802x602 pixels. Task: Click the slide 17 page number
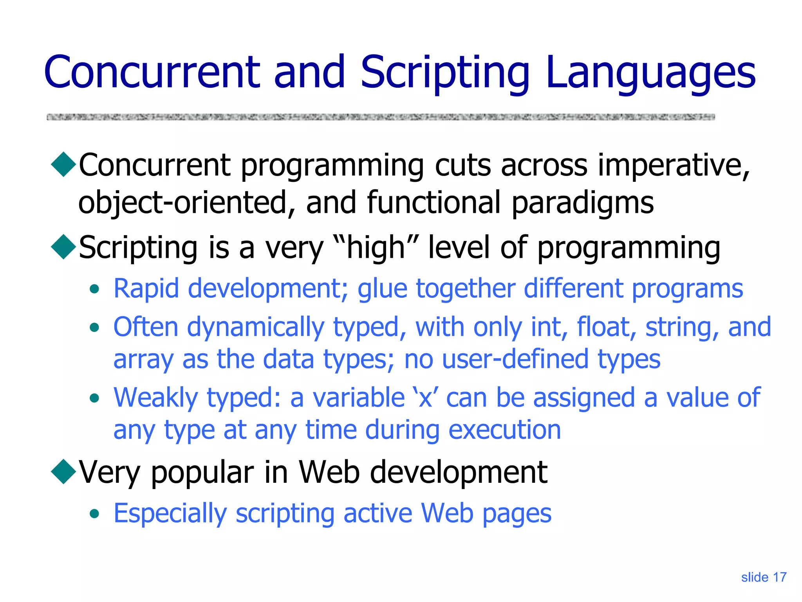[x=764, y=577]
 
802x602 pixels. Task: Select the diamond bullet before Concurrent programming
[x=63, y=165]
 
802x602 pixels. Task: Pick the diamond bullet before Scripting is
[x=63, y=247]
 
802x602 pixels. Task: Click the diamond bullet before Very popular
[x=63, y=471]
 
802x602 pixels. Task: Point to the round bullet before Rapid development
[x=94, y=290]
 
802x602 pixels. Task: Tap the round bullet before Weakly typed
[x=94, y=399]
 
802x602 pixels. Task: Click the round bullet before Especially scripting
[x=94, y=514]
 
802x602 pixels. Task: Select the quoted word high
[x=376, y=248]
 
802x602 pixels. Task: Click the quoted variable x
[x=425, y=398]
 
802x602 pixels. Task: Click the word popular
[x=202, y=473]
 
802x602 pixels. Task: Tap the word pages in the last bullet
[x=517, y=514]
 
